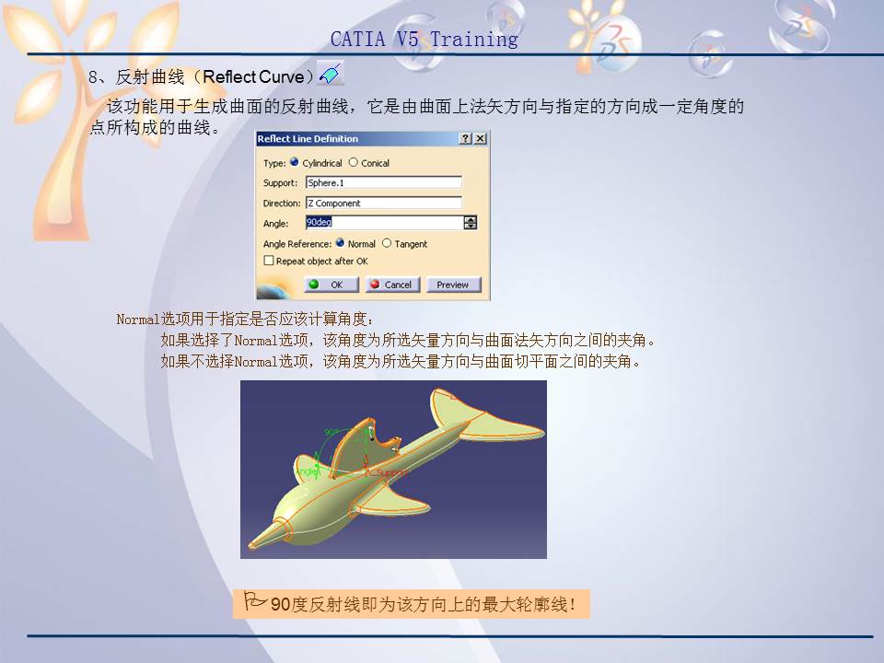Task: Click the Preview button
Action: coord(452,285)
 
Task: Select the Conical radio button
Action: coord(354,163)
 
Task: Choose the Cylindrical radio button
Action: coord(295,163)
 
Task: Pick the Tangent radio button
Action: coord(387,244)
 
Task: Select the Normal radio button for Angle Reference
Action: coord(340,244)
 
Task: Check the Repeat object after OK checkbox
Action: coord(269,262)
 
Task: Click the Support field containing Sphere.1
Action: coord(383,183)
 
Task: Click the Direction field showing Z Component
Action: coord(383,204)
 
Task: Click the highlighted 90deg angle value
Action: coord(320,223)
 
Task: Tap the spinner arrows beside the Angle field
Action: coord(471,223)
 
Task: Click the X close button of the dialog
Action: coord(480,139)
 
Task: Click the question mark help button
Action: coord(465,139)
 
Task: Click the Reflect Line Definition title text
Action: coord(308,139)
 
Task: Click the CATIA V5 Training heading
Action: coord(425,40)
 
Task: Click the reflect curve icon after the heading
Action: coord(330,73)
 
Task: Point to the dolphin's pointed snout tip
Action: coord(251,545)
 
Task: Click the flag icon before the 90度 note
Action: coord(255,603)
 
